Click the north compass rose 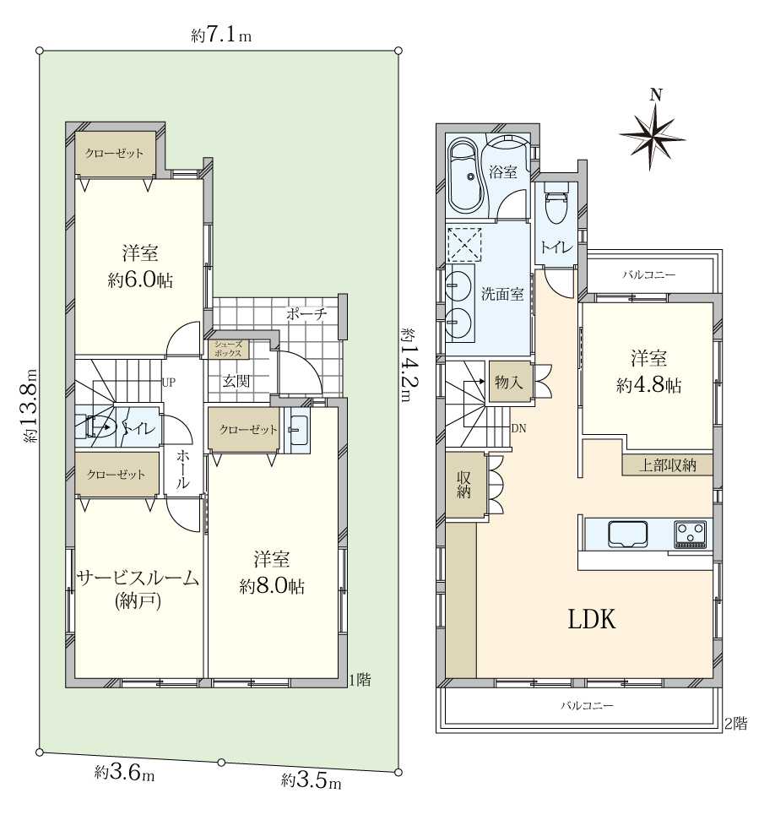[652, 135]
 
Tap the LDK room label [592, 618]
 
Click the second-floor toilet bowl [555, 203]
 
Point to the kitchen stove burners [691, 534]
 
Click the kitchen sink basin [628, 534]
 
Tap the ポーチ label [306, 314]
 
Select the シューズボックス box [228, 350]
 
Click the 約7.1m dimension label [221, 35]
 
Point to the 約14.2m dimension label [408, 365]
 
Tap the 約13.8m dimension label [30, 406]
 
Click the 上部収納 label [668, 464]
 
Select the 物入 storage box [510, 382]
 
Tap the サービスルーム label [138, 578]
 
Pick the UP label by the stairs [169, 382]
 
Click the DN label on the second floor [518, 428]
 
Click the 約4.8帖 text [648, 385]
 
